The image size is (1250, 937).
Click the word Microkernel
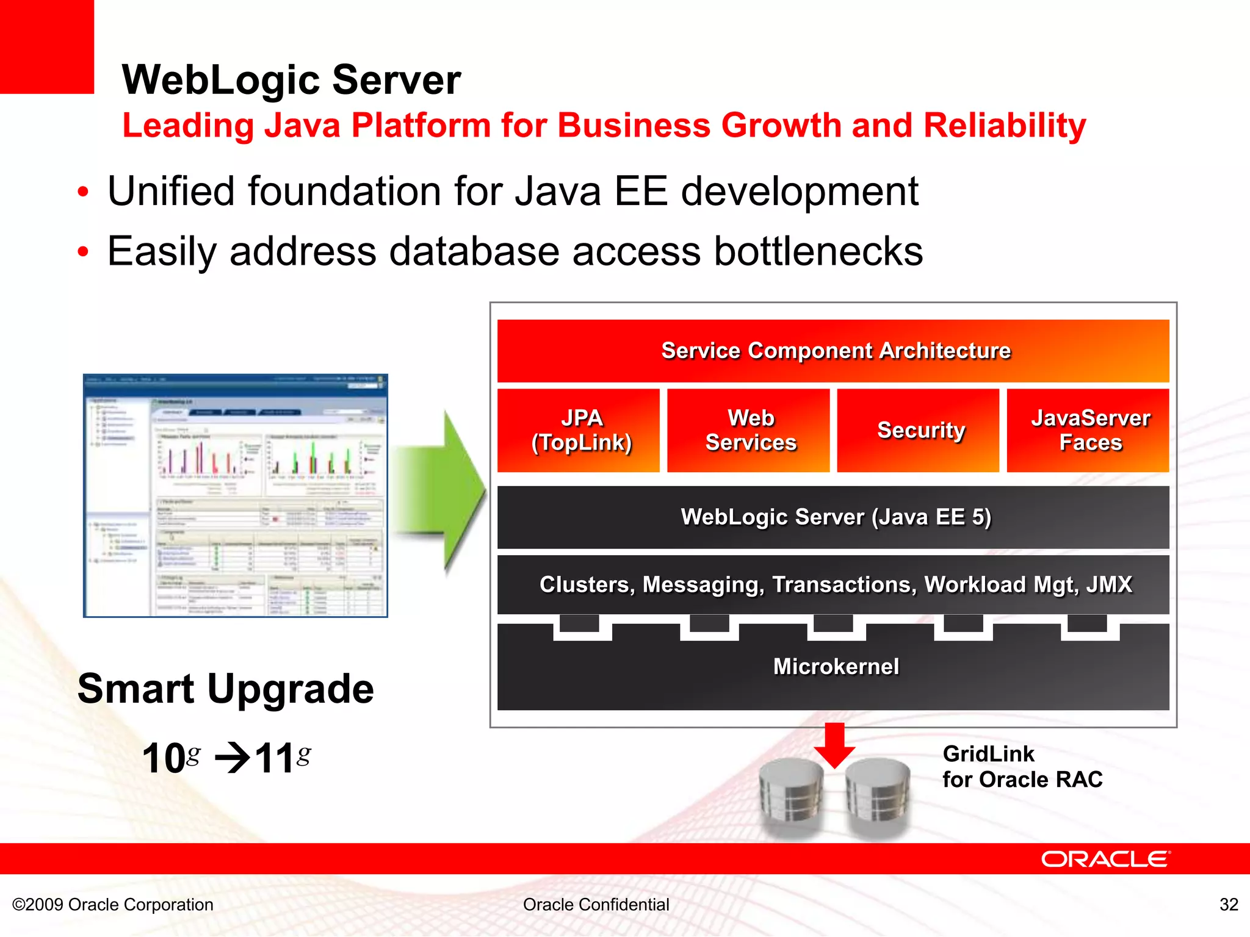coord(836,666)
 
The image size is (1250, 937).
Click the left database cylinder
coord(792,796)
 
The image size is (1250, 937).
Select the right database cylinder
coord(878,796)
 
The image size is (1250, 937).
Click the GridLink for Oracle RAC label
coord(1022,767)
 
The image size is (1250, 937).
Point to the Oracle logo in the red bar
coord(1105,859)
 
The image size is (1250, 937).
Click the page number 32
coord(1229,904)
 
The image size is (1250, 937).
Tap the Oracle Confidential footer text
coord(596,904)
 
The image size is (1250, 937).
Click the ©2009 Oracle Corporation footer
coord(113,904)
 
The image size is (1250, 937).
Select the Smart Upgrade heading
coord(225,689)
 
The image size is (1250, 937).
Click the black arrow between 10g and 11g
coord(233,759)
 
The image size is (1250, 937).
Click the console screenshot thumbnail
coord(236,495)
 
